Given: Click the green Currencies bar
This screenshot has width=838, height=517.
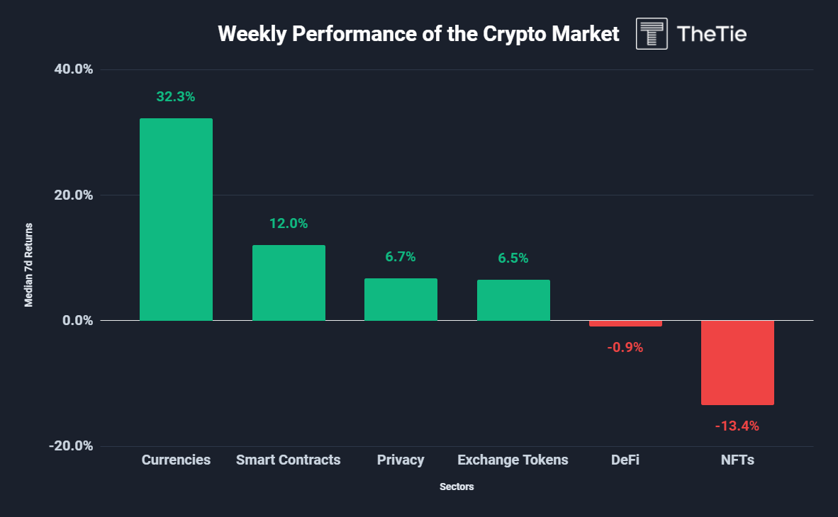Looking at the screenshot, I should click(x=176, y=220).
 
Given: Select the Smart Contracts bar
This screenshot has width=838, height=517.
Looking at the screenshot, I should click(x=289, y=283).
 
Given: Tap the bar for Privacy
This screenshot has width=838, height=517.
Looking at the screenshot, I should click(x=401, y=300).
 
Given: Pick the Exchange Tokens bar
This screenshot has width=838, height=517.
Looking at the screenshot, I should click(x=513, y=300).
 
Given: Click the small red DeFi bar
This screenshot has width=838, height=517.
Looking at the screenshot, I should click(x=625, y=324).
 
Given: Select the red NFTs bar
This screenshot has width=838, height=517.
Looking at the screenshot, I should click(x=737, y=363).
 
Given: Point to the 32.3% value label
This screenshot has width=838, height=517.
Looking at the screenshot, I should click(x=175, y=97).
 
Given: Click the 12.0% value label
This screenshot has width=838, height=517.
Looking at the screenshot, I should click(x=289, y=224).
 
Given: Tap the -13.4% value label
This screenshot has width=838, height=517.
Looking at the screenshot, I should click(x=737, y=426).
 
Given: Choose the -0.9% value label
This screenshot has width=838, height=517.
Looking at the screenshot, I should click(x=625, y=348).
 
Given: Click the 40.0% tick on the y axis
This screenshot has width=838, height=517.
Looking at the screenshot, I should click(x=74, y=69).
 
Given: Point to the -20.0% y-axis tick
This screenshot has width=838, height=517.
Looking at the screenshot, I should click(x=72, y=446).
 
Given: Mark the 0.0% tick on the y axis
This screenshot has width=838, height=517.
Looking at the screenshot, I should click(x=77, y=321).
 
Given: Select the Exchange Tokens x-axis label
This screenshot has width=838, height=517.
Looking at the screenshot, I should click(x=513, y=460).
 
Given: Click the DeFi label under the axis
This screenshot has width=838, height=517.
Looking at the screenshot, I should click(x=625, y=460).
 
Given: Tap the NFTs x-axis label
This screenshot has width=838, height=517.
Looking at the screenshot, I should click(x=737, y=460).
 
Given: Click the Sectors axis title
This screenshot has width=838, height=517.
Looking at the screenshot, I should click(x=457, y=487).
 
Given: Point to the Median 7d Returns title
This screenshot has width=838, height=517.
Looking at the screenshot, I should click(x=29, y=265).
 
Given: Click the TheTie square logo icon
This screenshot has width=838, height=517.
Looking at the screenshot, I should click(x=652, y=34).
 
